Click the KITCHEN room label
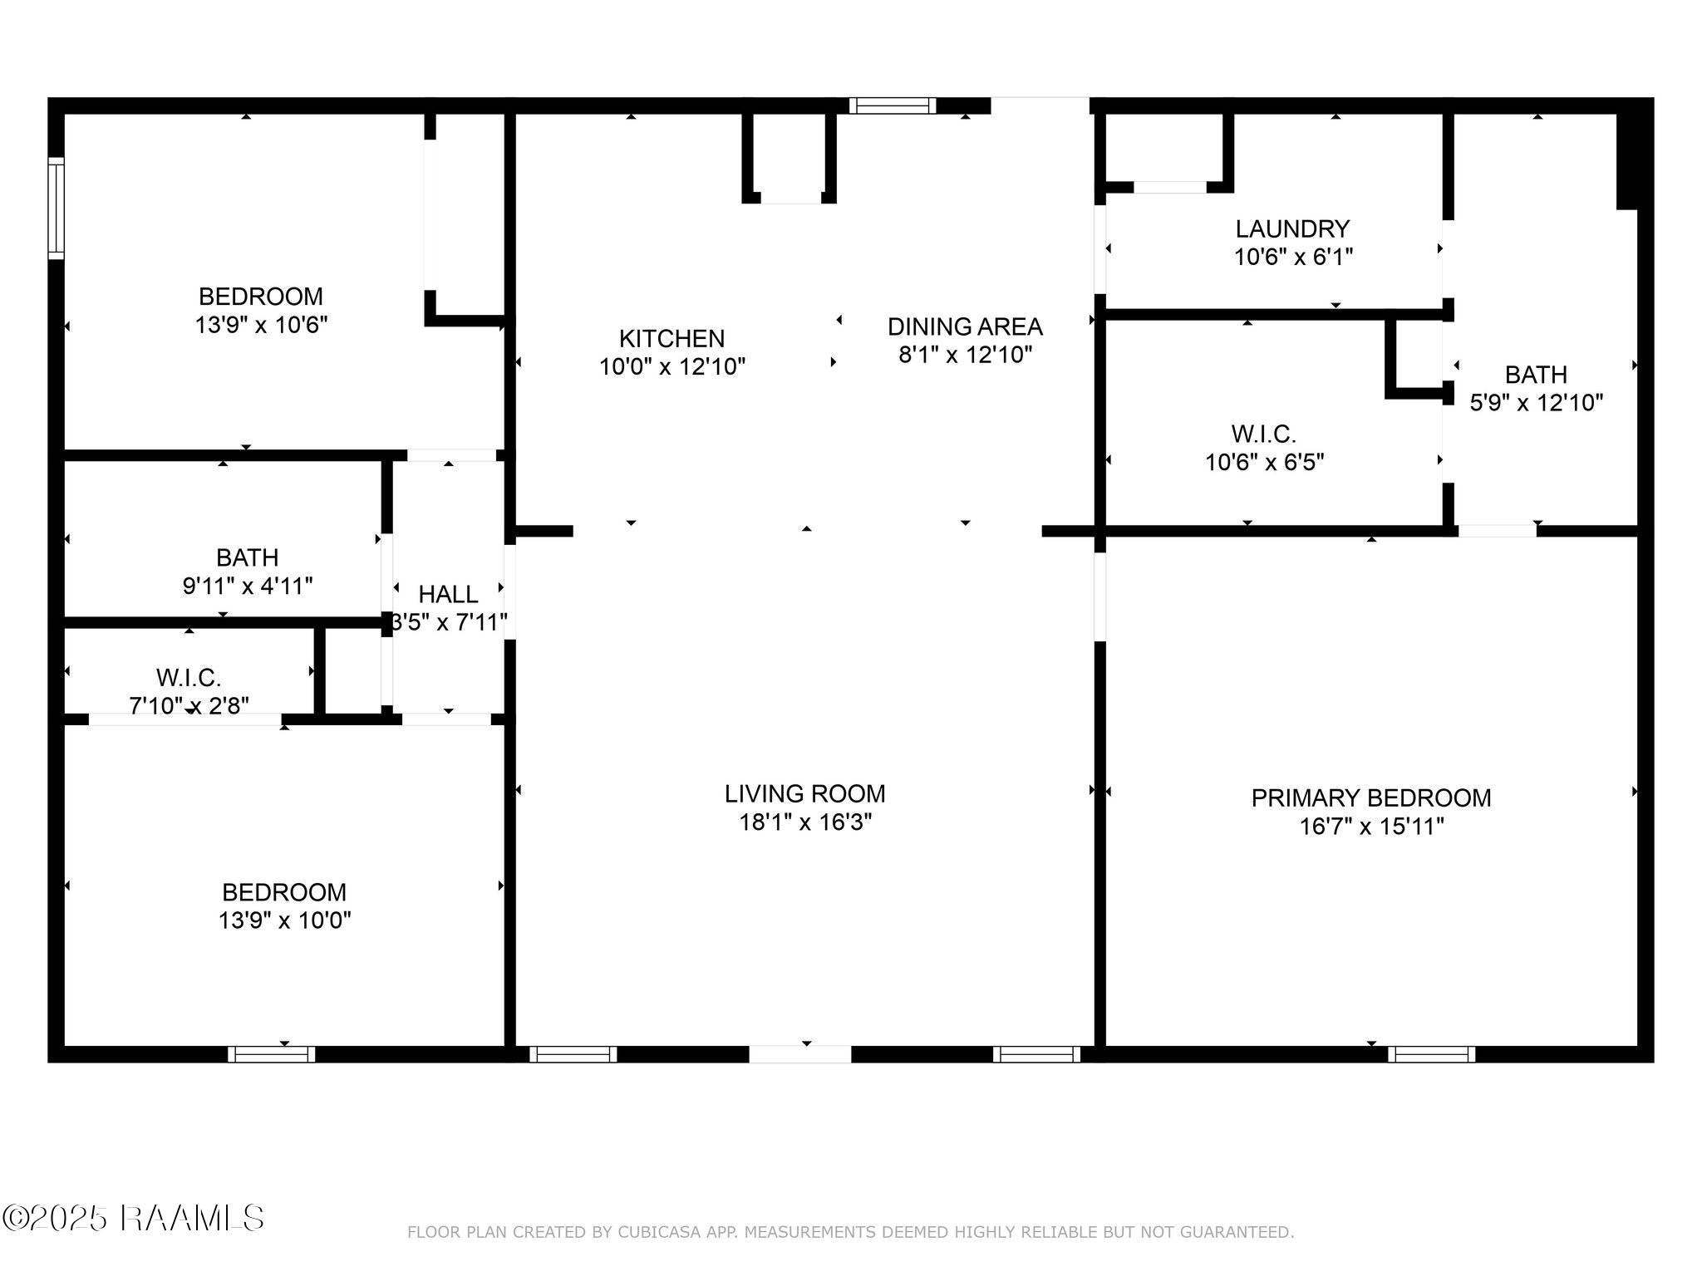click(671, 339)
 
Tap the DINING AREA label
click(965, 327)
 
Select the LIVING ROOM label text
click(804, 794)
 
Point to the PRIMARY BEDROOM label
click(1371, 798)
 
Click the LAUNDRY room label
click(1292, 229)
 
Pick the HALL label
click(448, 595)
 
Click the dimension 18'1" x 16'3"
click(805, 822)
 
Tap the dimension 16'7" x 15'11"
click(1371, 827)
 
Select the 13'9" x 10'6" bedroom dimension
click(261, 325)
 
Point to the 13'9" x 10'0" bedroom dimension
click(284, 920)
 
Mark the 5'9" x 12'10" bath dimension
click(1536, 403)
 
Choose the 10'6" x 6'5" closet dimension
click(1264, 462)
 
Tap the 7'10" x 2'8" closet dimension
click(189, 705)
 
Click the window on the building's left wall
click(56, 208)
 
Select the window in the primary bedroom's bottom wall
click(1431, 1054)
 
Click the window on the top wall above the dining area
click(893, 106)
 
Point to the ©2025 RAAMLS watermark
click(133, 1219)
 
